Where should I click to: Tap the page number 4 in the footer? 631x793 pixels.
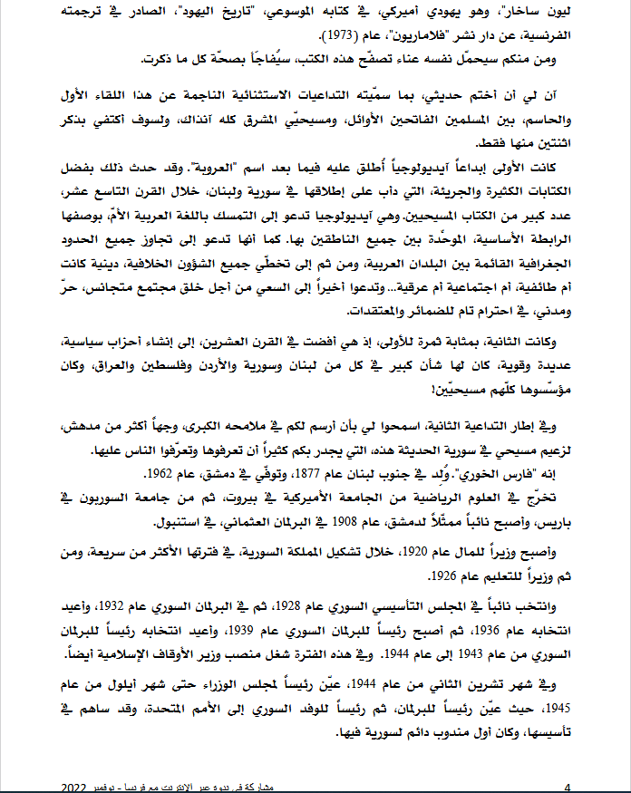(567, 785)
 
